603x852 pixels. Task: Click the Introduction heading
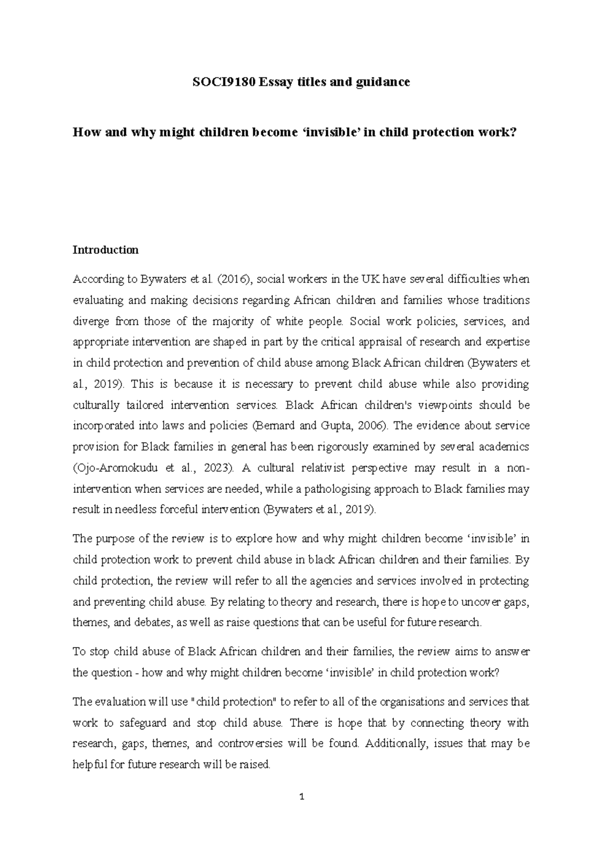(105, 250)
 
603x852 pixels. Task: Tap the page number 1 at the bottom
(301, 796)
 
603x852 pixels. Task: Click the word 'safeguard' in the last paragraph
(143, 723)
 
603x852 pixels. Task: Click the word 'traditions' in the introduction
(506, 300)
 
